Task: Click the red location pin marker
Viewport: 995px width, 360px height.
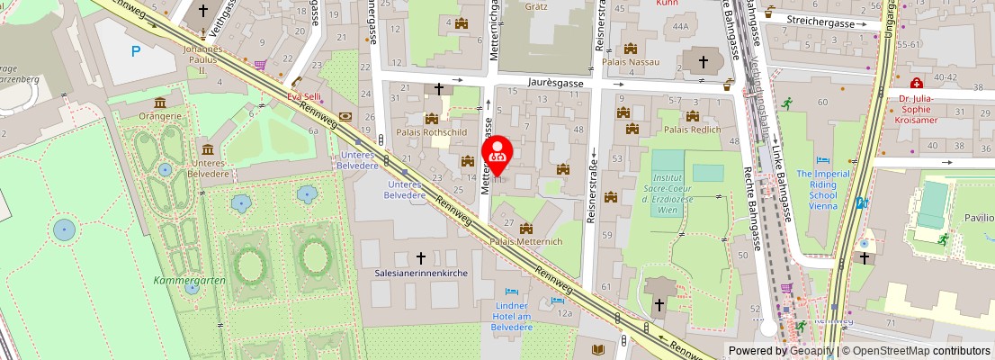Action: [497, 154]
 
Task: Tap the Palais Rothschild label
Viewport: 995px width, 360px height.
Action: [431, 132]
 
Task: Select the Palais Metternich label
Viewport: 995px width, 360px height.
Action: [525, 242]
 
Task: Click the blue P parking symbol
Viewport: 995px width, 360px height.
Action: [136, 51]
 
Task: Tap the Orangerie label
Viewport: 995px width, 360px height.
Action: [160, 116]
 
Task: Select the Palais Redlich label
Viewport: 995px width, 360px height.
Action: [692, 130]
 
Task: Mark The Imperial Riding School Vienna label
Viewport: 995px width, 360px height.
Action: [822, 189]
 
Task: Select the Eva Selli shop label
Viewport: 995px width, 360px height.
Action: [303, 95]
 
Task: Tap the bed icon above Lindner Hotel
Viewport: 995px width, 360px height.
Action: [512, 292]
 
